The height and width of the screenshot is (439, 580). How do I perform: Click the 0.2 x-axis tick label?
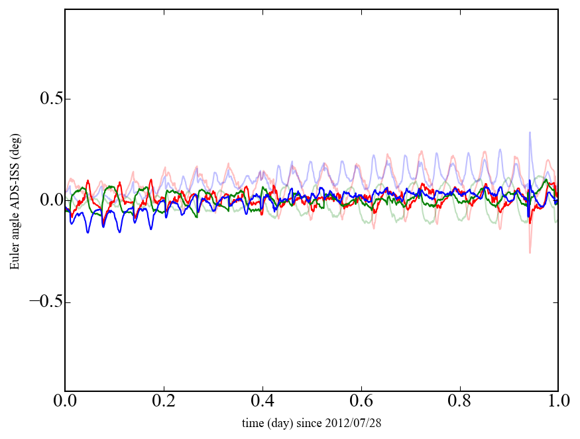(164, 403)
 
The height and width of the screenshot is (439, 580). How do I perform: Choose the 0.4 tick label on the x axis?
(262, 403)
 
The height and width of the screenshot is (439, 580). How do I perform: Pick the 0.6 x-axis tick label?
(361, 403)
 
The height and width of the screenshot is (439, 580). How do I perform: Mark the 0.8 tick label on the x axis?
(459, 403)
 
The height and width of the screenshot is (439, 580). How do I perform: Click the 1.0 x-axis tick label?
(557, 403)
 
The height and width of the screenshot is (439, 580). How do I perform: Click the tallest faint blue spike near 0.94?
(530, 133)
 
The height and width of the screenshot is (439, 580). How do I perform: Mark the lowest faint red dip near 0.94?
(530, 252)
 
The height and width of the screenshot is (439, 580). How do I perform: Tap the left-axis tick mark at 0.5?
(67, 99)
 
